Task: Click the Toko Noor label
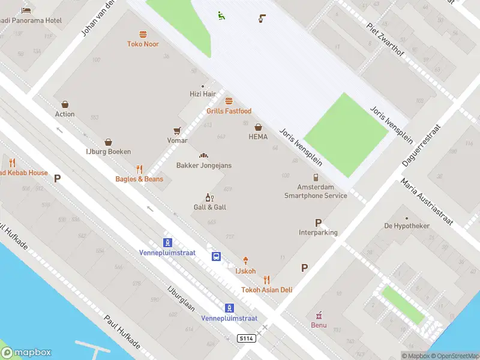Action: coord(143,44)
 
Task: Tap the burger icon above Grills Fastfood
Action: coord(229,101)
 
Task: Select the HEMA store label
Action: coord(258,136)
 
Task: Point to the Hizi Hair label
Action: coord(202,94)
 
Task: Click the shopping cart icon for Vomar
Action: coord(177,131)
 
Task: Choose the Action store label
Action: coord(65,114)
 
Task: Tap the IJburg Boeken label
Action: coord(108,152)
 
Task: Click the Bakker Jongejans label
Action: coord(203,166)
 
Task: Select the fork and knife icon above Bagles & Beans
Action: coord(139,169)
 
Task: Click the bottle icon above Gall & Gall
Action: coord(209,197)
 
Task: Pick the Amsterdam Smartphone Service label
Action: coord(316,191)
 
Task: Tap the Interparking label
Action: coord(318,232)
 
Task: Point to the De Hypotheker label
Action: coord(407,226)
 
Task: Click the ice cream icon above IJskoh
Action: coord(245,261)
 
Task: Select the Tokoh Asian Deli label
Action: coord(266,290)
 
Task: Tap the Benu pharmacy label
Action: coord(319,325)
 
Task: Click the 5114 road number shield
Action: coord(246,339)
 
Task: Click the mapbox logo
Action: coord(27,353)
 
